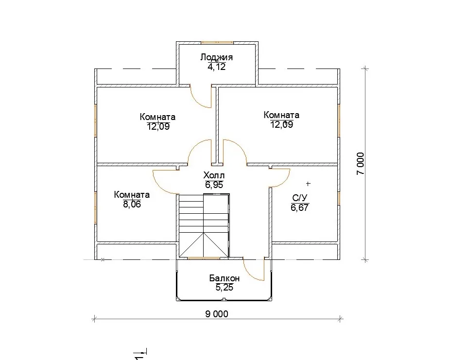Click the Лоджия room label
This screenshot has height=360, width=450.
(x=216, y=57)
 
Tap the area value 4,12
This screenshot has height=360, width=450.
(x=216, y=67)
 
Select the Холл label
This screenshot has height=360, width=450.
(x=214, y=175)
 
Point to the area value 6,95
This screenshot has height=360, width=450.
(x=214, y=185)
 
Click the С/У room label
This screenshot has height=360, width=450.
(x=300, y=198)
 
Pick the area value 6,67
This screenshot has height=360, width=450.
(x=300, y=207)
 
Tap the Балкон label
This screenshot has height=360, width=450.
(x=224, y=278)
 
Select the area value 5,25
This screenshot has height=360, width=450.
(x=224, y=288)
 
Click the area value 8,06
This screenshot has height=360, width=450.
(x=132, y=204)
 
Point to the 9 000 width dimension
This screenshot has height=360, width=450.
(x=217, y=314)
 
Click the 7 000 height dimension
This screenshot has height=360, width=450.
(x=361, y=164)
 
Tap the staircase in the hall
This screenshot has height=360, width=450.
(x=204, y=225)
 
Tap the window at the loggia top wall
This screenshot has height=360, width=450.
(x=217, y=42)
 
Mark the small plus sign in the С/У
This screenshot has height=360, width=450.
(x=308, y=183)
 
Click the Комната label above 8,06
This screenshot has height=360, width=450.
(x=132, y=195)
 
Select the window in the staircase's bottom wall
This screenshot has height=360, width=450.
(x=204, y=258)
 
